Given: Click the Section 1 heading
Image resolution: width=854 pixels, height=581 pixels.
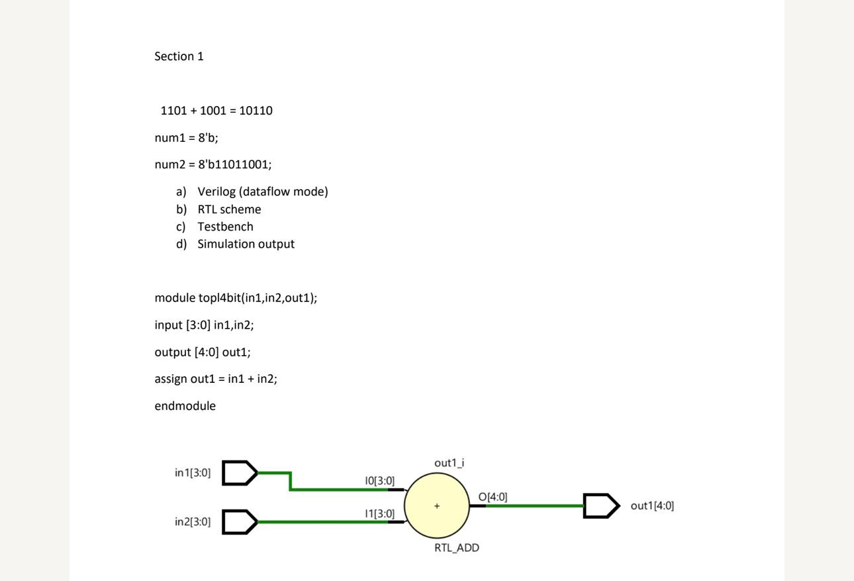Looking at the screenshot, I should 179,56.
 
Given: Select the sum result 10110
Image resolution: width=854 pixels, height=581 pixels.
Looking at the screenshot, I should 256,111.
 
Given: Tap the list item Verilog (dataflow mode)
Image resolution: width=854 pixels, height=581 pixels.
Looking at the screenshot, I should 262,191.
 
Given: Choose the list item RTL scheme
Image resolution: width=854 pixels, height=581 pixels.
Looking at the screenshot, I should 229,209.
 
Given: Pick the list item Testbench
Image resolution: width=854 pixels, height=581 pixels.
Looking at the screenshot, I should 225,227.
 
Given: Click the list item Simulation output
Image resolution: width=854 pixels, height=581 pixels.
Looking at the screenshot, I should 246,244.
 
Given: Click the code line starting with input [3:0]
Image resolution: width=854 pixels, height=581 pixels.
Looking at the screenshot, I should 204,325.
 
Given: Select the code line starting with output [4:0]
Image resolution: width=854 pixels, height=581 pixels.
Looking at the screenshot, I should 203,352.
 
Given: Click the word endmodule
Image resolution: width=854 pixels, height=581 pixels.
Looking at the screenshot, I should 185,406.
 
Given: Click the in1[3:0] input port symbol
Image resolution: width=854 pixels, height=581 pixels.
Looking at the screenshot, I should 238,473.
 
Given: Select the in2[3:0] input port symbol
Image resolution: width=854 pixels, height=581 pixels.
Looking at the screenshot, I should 238,522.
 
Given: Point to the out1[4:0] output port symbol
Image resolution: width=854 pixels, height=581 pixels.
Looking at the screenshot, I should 600,506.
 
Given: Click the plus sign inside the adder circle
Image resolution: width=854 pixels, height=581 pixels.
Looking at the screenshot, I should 437,506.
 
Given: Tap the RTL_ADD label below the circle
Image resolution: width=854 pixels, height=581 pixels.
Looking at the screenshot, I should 457,548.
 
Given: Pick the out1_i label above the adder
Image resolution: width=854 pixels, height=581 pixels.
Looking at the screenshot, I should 449,463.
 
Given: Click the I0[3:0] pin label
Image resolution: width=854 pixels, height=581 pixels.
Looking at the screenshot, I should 379,481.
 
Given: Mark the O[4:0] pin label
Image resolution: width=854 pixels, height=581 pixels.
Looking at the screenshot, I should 493,497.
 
